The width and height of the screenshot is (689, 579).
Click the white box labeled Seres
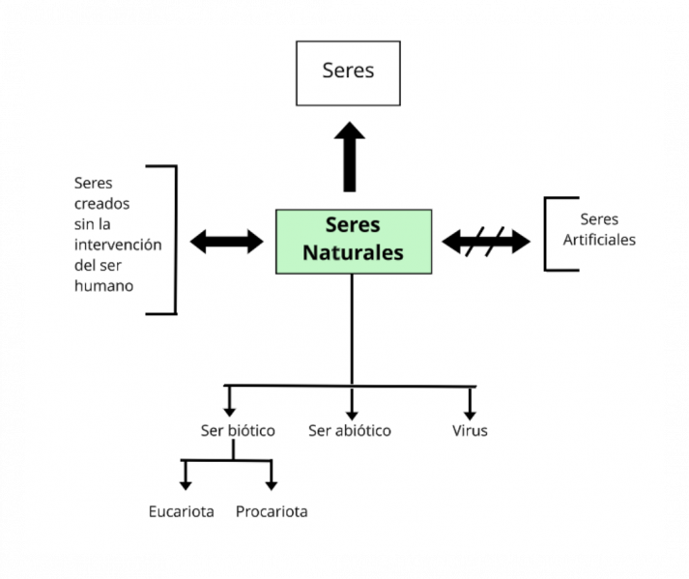[x=348, y=72]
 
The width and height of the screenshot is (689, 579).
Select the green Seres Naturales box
[x=353, y=240]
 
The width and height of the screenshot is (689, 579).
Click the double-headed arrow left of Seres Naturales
[x=227, y=241]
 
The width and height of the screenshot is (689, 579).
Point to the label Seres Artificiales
[x=599, y=230]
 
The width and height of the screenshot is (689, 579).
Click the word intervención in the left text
[x=118, y=245]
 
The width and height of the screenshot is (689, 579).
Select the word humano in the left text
[x=103, y=286]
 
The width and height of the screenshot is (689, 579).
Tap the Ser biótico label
[x=238, y=431]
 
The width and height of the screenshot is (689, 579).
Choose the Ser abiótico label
[x=350, y=431]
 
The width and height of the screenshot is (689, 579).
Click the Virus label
[x=470, y=431]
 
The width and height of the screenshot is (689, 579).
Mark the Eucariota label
[x=182, y=511]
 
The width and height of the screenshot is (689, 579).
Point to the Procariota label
[x=272, y=511]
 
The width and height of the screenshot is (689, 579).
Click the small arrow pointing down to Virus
[x=470, y=401]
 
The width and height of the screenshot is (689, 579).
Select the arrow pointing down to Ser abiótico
[x=351, y=402]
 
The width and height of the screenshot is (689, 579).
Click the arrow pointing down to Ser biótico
[x=229, y=401]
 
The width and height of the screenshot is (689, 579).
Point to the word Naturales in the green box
[x=353, y=253]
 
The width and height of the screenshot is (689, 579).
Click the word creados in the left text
[x=101, y=203]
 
